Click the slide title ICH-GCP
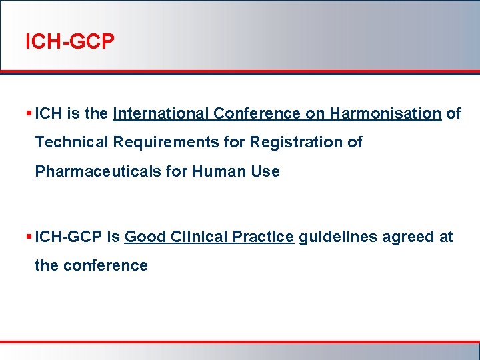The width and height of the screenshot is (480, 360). tap(69, 43)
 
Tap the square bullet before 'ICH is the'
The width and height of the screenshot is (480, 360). tap(29, 114)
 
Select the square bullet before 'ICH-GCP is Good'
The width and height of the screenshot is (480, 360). tap(29, 237)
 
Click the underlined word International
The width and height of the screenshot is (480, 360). tap(161, 114)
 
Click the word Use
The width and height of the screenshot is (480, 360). tap(265, 172)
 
